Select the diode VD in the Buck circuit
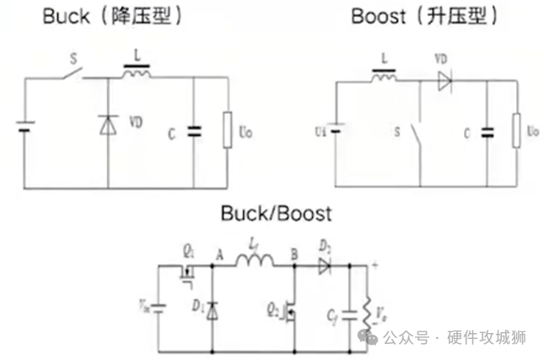[108, 125]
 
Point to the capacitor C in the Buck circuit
[195, 131]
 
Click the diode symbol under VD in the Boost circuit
[444, 82]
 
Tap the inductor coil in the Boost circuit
[383, 79]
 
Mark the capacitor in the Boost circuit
[487, 132]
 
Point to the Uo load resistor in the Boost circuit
[517, 131]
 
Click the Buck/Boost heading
[276, 213]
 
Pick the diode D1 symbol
[212, 311]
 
